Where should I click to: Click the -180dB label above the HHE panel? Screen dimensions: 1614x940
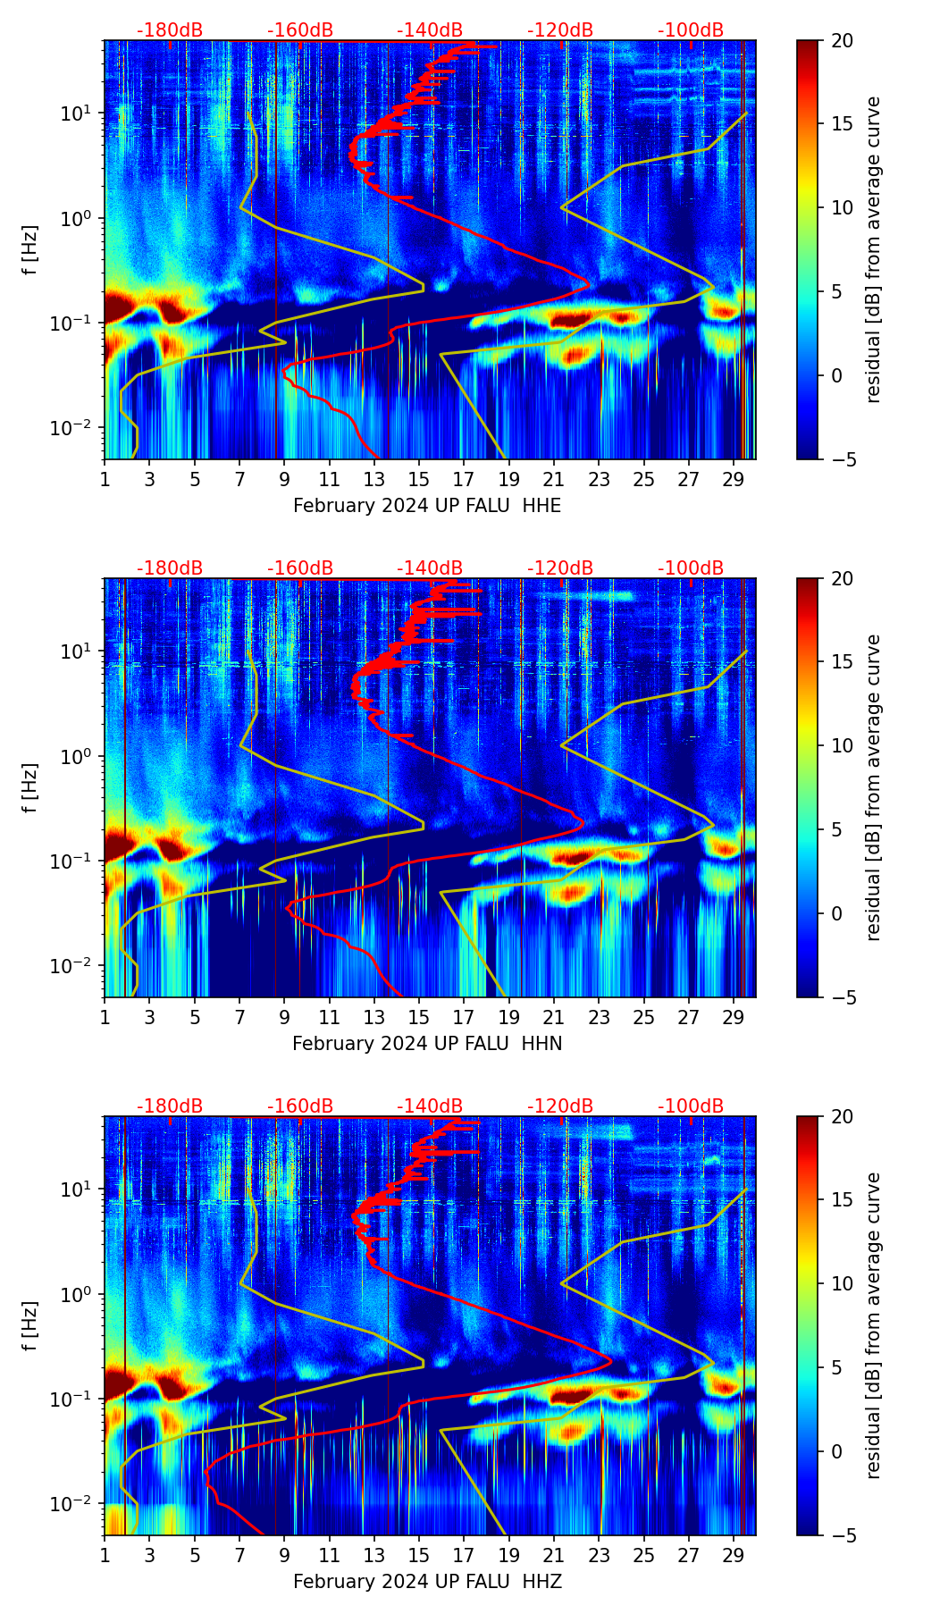170,30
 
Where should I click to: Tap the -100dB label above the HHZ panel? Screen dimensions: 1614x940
691,1106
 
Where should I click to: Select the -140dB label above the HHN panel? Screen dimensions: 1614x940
430,568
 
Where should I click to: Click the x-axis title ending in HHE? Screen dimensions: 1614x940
427,506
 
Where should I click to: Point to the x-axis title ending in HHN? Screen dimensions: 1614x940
427,1044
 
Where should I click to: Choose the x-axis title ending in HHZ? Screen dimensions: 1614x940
427,1582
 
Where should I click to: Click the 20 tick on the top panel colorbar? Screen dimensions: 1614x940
843,40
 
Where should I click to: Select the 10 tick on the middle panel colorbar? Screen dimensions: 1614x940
843,745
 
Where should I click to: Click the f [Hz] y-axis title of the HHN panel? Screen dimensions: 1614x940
30,787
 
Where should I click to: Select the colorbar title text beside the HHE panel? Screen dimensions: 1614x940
874,249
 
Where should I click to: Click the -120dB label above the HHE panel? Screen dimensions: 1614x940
560,30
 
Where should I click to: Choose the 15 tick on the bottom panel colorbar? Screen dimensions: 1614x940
843,1199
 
